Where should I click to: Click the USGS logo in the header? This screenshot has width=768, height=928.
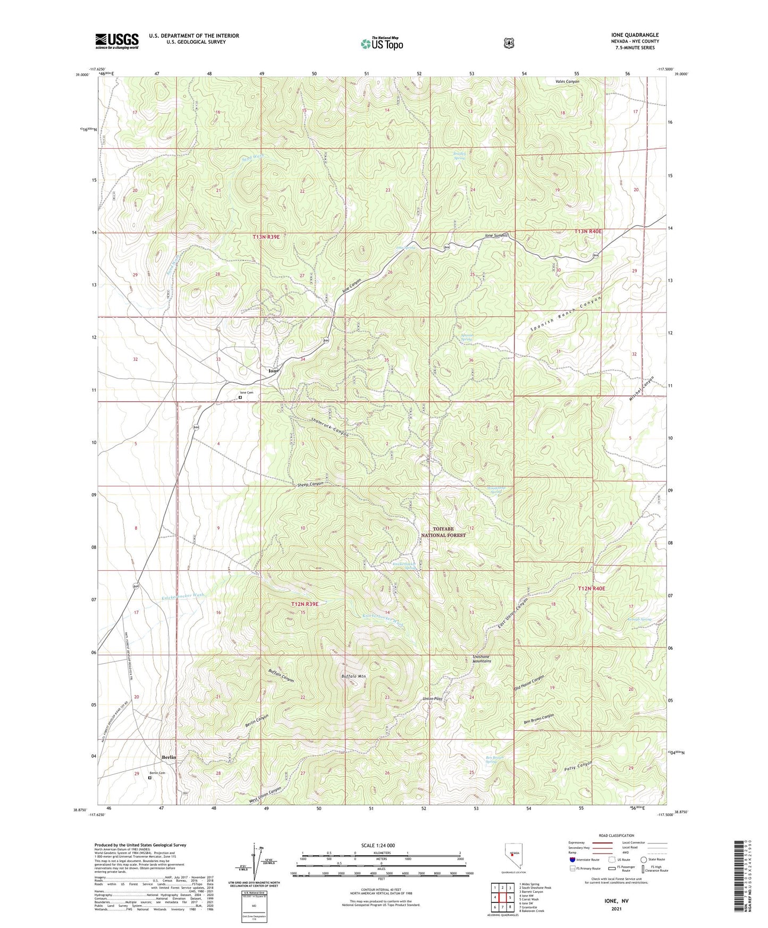click(x=116, y=41)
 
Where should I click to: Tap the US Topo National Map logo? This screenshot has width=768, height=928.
click(x=381, y=44)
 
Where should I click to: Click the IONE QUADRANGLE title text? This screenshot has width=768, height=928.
click(x=635, y=35)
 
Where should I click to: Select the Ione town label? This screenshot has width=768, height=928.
click(x=273, y=371)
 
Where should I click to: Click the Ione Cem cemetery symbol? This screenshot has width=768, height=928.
click(x=240, y=396)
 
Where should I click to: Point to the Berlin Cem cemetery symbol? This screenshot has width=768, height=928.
click(x=150, y=778)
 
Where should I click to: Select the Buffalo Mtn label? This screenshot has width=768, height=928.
click(x=353, y=677)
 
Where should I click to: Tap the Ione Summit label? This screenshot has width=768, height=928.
click(x=496, y=235)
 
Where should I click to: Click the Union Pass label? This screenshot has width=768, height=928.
click(x=432, y=698)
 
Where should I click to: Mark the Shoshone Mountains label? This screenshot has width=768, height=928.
click(x=482, y=659)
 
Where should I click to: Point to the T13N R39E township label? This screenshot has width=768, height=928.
click(x=266, y=237)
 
